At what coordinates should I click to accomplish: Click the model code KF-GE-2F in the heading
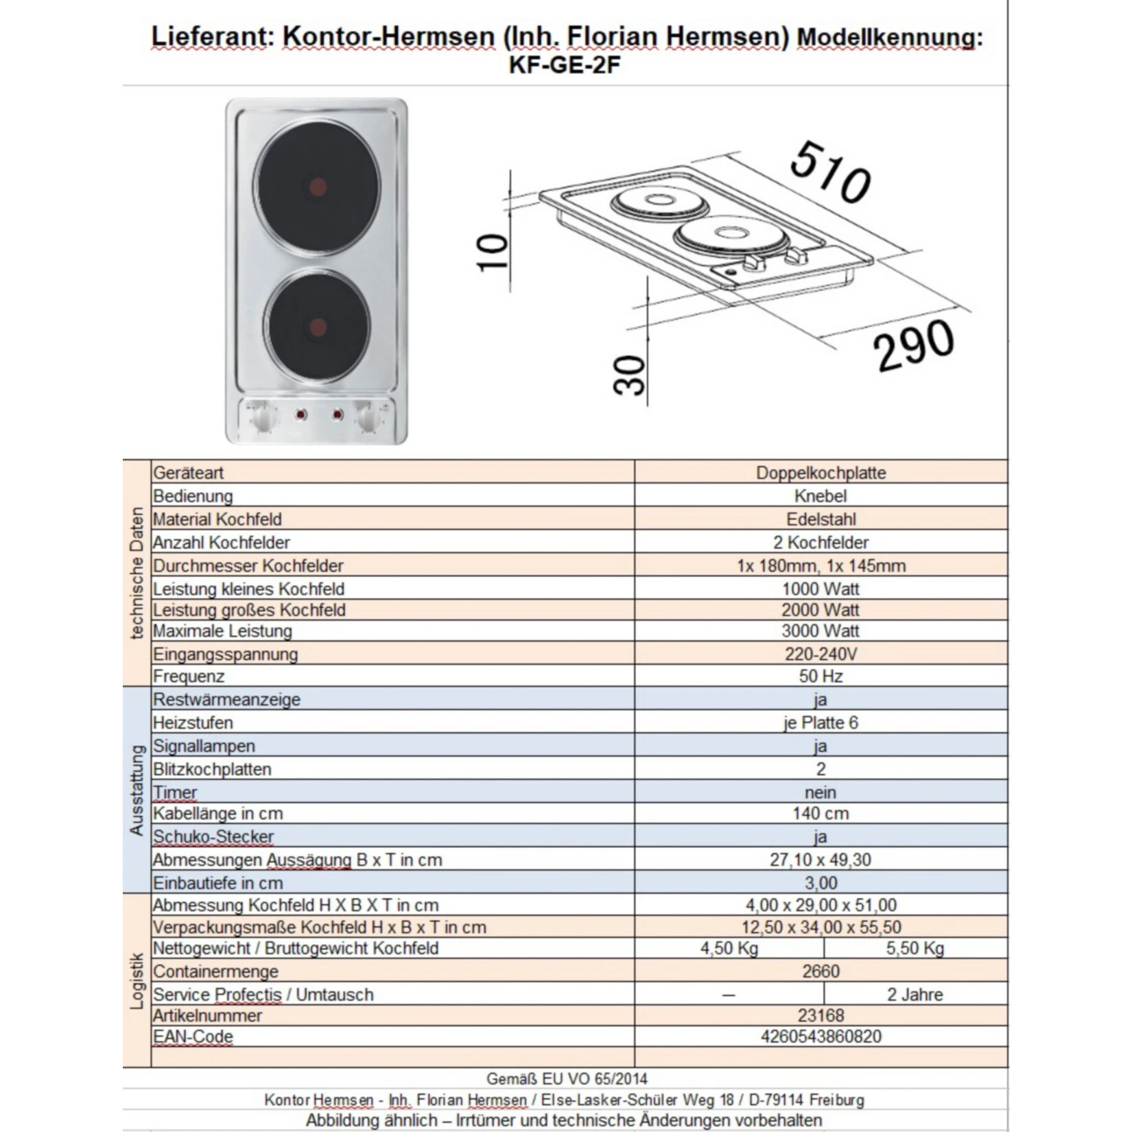coord(565,65)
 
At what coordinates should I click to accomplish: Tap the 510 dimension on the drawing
coord(830,172)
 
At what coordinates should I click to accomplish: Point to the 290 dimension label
coord(913,346)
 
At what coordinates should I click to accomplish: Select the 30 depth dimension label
coord(630,375)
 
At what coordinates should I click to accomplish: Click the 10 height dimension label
coord(493,252)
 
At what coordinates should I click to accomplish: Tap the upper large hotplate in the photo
coord(316,187)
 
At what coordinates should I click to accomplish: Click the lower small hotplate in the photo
coord(316,325)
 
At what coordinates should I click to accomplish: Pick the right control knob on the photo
coord(368,416)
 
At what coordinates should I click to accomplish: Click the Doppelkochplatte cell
coord(821,473)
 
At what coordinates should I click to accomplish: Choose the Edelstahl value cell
coord(821,519)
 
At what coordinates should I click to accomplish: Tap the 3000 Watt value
coord(821,631)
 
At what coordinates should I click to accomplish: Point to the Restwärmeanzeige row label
coord(226,700)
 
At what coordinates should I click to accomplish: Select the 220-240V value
coord(821,654)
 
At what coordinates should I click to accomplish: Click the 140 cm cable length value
coord(821,814)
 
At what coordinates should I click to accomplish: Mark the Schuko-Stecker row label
coord(213,837)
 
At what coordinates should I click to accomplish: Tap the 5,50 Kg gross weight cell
coord(915,949)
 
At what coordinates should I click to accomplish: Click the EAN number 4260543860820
coord(821,1037)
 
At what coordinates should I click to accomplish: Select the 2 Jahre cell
coord(915,995)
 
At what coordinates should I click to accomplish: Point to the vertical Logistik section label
coord(137,980)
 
